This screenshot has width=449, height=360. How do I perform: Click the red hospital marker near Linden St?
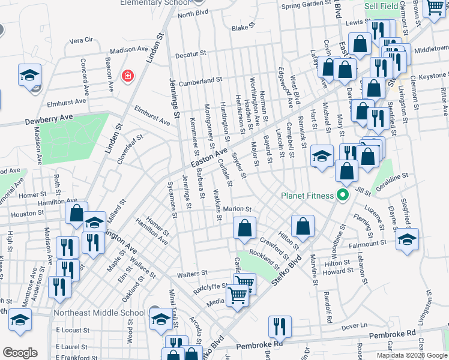pyautogui.click(x=127, y=76)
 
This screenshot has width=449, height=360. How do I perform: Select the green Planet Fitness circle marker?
pyautogui.click(x=343, y=195)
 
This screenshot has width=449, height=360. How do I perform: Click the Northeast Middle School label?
pyautogui.click(x=99, y=313)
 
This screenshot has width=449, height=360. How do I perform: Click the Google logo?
pyautogui.click(x=20, y=353)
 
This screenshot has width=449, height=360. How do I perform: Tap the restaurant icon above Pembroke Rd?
pyautogui.click(x=280, y=326)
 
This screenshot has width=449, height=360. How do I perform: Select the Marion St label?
pyautogui.click(x=237, y=209)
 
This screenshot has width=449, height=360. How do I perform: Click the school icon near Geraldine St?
pyautogui.click(x=407, y=239)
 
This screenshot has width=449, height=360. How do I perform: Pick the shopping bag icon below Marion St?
pyautogui.click(x=244, y=229)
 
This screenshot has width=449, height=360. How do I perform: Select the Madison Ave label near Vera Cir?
pyautogui.click(x=128, y=50)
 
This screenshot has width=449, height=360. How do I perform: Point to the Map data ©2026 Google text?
pyautogui.click(x=411, y=355)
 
